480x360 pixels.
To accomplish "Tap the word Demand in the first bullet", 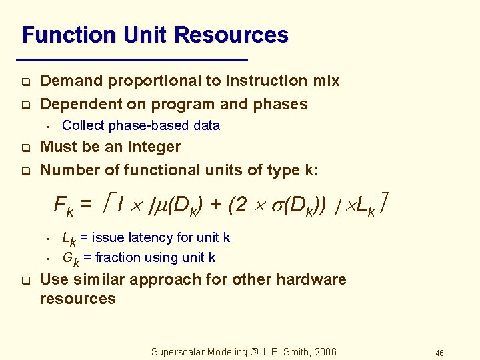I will pos(72,81).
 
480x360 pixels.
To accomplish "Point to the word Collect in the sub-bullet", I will pos(83,125).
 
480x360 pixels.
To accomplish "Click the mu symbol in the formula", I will pos(161,205).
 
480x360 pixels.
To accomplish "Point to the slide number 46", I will pos(439,353).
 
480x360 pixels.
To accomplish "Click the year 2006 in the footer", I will pos(324,352).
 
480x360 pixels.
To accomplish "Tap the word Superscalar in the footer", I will pos(176,352).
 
